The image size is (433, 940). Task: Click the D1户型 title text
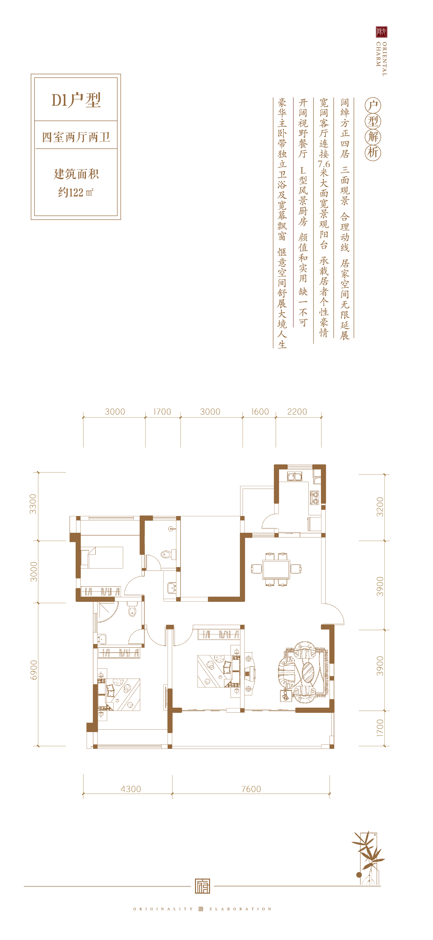point(76,100)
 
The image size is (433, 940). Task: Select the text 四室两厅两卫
point(76,137)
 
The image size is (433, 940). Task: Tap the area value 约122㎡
point(76,192)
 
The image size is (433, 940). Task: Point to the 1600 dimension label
point(260,412)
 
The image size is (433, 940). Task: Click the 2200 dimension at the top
point(297,412)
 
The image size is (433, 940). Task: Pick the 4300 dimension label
point(131,789)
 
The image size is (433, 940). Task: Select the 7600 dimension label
point(251,789)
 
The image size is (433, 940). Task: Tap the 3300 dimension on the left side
point(33,504)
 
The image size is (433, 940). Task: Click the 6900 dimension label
point(33,670)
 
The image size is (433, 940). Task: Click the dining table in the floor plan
point(276,569)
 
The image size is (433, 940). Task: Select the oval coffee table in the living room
point(308,672)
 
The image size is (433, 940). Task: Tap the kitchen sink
point(295,476)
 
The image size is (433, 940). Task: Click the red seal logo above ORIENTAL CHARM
point(382,32)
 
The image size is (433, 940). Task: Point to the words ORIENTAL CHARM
point(382,59)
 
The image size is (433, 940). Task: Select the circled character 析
point(373,152)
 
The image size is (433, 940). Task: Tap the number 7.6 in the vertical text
point(324,164)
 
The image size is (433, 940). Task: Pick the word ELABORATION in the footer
point(241,909)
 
